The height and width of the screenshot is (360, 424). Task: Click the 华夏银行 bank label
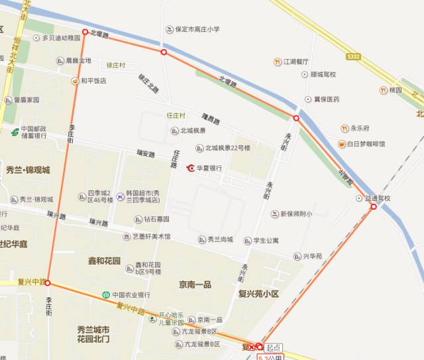(209, 168)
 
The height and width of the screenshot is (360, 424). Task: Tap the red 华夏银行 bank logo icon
(191, 168)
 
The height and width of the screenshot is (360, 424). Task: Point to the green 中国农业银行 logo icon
(105, 295)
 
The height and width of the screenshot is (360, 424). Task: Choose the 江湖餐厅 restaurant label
(296, 62)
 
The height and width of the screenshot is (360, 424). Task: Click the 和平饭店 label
(93, 81)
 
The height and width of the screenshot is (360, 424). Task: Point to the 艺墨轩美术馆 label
(150, 237)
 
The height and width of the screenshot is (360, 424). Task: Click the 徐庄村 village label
(116, 65)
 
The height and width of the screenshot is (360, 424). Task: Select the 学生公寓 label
(266, 240)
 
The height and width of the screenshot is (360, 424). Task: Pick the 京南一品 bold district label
(195, 284)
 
